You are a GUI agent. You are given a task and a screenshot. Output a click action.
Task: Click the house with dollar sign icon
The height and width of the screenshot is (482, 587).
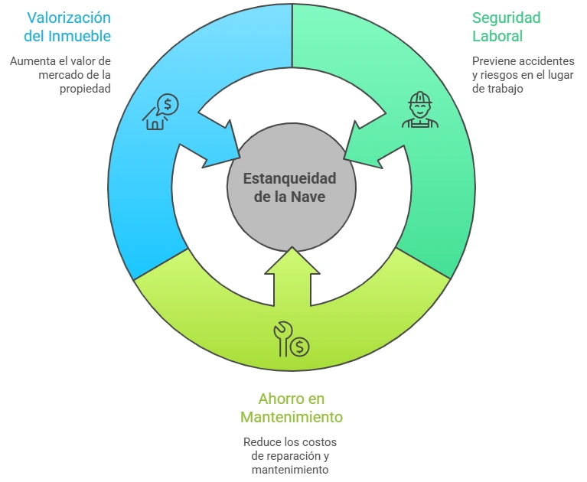click(x=161, y=112)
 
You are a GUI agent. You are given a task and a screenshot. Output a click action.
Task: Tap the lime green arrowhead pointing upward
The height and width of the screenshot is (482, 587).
click(x=291, y=264)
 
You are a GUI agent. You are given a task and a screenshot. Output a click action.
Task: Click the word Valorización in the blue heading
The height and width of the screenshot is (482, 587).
click(x=68, y=17)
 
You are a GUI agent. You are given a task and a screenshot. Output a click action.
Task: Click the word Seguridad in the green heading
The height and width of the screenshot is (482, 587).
click(x=506, y=17)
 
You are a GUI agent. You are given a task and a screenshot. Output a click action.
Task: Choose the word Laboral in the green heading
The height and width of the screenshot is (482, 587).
click(x=497, y=36)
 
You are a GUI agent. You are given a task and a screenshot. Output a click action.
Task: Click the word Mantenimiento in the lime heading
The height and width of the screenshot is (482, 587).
click(x=291, y=417)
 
